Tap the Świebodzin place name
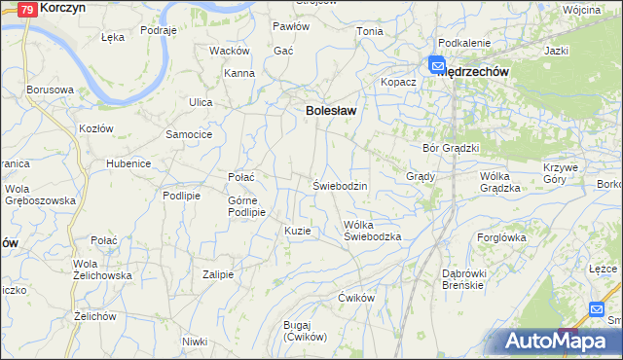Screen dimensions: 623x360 point(340,185)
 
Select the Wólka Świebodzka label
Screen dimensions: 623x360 point(373,231)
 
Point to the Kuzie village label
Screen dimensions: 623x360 point(298,231)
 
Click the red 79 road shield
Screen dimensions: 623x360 point(28,9)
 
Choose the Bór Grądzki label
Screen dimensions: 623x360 point(452,148)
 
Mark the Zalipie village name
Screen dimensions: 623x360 point(218,274)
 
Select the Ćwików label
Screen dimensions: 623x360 point(356,297)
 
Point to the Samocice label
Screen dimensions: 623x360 point(189,133)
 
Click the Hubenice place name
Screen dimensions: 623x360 point(128,163)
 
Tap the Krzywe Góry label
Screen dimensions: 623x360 point(561,172)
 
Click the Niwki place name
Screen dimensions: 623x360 point(195,341)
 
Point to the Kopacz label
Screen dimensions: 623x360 point(398,82)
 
